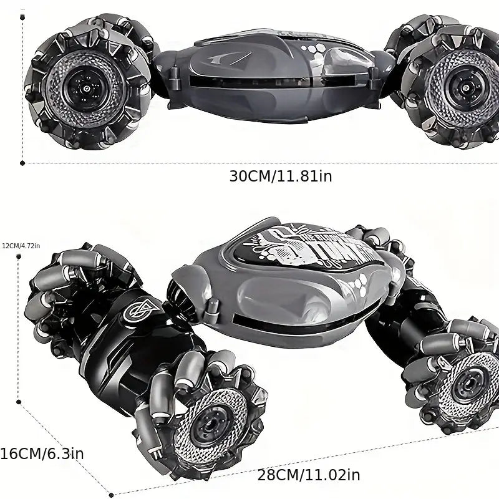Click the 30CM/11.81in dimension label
pyautogui.click(x=280, y=176)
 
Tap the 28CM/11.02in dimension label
pyautogui.click(x=309, y=475)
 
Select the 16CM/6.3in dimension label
pyautogui.click(x=41, y=453)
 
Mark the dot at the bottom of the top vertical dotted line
pyautogui.click(x=23, y=163)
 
